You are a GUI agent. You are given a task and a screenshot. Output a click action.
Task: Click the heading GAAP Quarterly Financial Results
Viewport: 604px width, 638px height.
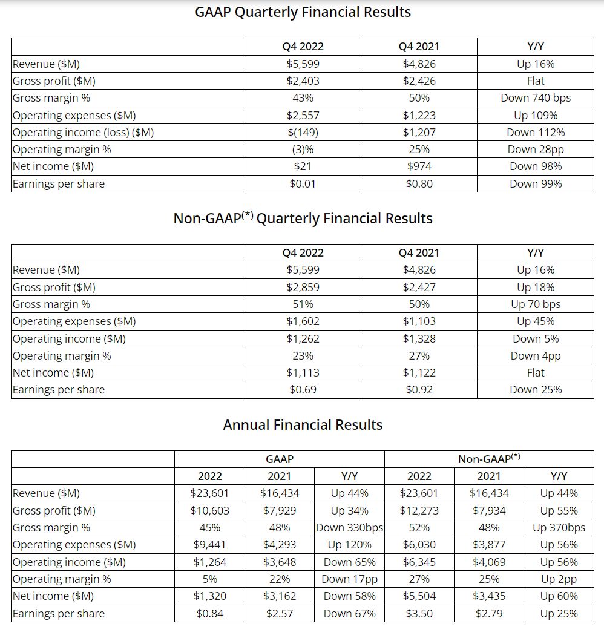pos(303,12)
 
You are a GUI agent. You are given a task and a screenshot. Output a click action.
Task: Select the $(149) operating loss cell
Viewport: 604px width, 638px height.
pos(303,133)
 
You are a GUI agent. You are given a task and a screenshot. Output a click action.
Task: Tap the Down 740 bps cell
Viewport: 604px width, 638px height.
pos(536,98)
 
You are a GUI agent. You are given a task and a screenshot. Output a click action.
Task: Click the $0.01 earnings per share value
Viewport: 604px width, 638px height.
pos(303,184)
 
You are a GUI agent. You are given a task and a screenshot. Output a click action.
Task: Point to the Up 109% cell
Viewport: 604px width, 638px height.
pos(536,115)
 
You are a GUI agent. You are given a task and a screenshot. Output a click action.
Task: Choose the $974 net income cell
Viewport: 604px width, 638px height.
pos(419,166)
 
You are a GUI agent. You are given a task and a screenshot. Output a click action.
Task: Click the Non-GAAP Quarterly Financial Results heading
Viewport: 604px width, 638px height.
pos(303,219)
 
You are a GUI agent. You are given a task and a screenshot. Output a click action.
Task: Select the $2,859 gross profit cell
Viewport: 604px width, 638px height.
pos(303,288)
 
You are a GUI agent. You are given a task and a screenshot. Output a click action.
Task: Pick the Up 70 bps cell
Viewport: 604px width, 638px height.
pos(536,304)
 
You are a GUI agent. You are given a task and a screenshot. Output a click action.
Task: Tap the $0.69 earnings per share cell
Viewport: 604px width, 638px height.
pos(303,390)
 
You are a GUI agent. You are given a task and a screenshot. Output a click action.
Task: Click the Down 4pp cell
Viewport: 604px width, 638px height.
pos(536,356)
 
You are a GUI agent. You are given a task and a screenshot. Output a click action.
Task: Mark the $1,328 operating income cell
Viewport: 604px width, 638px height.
pos(419,339)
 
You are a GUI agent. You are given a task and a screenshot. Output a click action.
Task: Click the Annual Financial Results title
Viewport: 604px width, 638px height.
pos(303,425)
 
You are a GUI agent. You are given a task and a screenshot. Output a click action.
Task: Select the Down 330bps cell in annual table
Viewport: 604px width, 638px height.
pos(350,528)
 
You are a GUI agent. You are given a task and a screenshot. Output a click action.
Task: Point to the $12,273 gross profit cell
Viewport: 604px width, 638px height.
pos(419,511)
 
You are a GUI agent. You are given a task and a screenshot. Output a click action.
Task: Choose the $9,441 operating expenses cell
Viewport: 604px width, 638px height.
pos(209,545)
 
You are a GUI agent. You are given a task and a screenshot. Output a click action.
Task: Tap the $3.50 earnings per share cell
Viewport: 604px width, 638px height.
pos(419,614)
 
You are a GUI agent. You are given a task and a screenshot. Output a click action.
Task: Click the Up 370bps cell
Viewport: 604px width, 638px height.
pos(559,528)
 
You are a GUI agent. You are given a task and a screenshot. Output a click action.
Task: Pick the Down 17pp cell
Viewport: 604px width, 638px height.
pos(350,579)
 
